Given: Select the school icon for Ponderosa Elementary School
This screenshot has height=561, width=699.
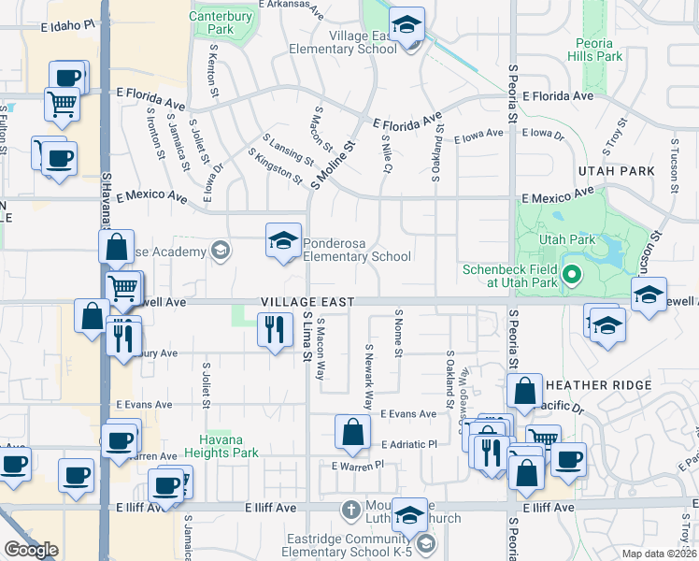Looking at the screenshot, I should (x=283, y=241).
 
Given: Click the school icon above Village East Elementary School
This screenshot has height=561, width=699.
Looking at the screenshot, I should (x=407, y=25).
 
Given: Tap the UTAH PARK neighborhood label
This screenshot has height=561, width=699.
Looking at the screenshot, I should (x=616, y=172).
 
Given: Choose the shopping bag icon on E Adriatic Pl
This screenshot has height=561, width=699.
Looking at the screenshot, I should (x=352, y=433).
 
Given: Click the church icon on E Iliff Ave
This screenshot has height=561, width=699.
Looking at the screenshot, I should (x=350, y=511).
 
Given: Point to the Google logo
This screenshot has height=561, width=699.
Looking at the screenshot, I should (x=31, y=550).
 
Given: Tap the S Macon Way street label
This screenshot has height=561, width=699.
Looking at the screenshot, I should (x=321, y=348).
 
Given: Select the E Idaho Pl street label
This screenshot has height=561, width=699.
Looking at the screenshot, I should (x=68, y=28).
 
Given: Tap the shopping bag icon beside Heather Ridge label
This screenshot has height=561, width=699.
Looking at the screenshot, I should (x=525, y=392).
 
